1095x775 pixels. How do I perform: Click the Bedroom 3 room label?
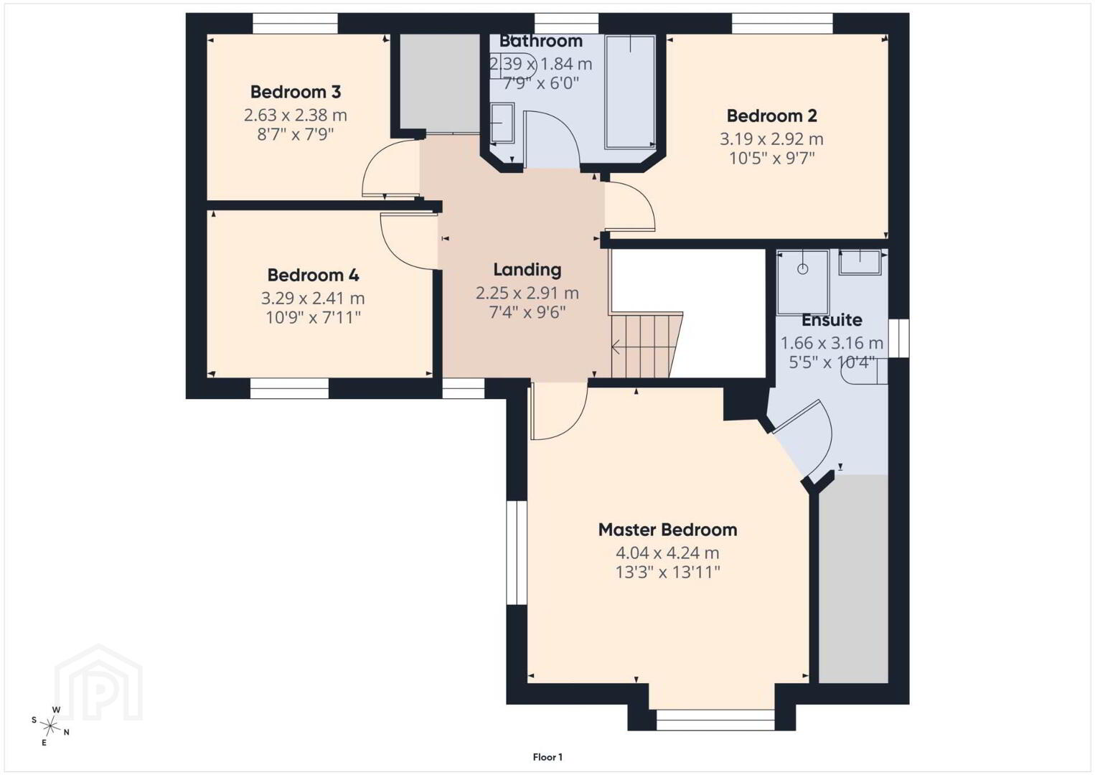pyautogui.click(x=295, y=92)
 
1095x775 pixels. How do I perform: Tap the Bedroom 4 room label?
pyautogui.click(x=313, y=276)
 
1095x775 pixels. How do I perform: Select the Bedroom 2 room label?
pyautogui.click(x=771, y=116)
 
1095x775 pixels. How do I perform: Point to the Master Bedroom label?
pyautogui.click(x=667, y=530)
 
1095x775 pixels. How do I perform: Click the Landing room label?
pyautogui.click(x=527, y=270)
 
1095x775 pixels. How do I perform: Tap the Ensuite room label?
pyautogui.click(x=832, y=320)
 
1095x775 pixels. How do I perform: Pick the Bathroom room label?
pyautogui.click(x=540, y=41)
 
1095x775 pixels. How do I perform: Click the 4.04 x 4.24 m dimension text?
pyautogui.click(x=667, y=553)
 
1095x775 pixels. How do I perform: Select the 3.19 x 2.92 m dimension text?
pyautogui.click(x=771, y=139)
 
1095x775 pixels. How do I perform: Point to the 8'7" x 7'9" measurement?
pyautogui.click(x=295, y=134)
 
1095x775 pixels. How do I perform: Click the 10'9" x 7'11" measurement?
pyautogui.click(x=313, y=318)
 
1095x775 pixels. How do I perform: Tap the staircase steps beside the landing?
pyautogui.click(x=646, y=346)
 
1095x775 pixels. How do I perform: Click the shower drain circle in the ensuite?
pyautogui.click(x=803, y=269)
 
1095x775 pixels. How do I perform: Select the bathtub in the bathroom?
pyautogui.click(x=630, y=91)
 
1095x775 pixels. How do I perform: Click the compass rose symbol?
pyautogui.click(x=50, y=726)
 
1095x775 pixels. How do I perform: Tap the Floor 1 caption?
pyautogui.click(x=547, y=757)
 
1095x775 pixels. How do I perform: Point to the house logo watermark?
pyautogui.click(x=98, y=682)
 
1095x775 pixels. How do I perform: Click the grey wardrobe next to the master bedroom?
pyautogui.click(x=853, y=578)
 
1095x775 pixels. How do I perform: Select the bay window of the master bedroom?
pyautogui.click(x=715, y=720)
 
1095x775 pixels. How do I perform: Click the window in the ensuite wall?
pyautogui.click(x=898, y=338)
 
